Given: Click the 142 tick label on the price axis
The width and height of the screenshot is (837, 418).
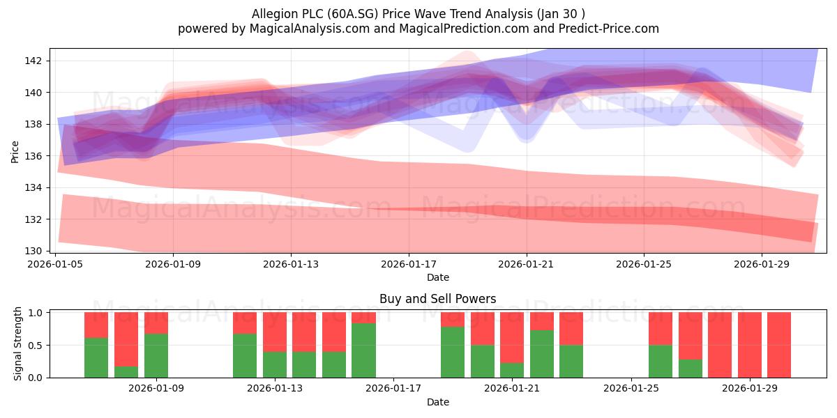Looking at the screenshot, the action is (x=33, y=61).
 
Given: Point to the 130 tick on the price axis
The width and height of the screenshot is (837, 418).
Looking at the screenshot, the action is (x=33, y=251).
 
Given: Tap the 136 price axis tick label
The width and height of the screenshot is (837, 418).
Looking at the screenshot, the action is (x=33, y=156).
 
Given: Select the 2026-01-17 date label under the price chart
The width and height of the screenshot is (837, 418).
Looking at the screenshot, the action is (x=409, y=264).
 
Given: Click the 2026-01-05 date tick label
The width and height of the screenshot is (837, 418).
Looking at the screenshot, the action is (x=55, y=264).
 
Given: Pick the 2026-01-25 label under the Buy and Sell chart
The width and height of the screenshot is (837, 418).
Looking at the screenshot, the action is (x=631, y=388).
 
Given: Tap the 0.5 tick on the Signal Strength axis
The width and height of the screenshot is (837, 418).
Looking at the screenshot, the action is (x=35, y=346).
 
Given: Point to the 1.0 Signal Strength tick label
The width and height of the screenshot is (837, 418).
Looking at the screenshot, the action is (x=35, y=313).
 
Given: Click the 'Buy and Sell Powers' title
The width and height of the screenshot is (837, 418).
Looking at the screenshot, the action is (x=437, y=299).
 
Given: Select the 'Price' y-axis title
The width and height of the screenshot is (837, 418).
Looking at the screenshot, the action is (x=15, y=152).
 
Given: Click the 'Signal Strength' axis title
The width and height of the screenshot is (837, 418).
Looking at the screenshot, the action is (x=17, y=343).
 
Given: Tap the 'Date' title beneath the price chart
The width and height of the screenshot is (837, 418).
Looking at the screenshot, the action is (x=438, y=277).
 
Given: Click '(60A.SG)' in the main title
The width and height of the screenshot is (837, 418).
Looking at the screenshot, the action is (x=353, y=14).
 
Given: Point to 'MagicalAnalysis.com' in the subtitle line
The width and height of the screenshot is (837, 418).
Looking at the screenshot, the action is (x=310, y=29).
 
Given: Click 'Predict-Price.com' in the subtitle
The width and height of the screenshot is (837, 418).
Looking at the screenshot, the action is (x=609, y=29).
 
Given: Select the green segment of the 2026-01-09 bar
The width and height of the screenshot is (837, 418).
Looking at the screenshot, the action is (x=156, y=355).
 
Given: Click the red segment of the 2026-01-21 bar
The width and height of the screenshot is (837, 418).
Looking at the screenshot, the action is (x=512, y=337).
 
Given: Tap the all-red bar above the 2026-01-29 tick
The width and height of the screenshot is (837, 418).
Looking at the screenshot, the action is (x=750, y=345).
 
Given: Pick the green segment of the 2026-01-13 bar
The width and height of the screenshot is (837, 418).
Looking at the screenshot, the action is (x=275, y=364).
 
